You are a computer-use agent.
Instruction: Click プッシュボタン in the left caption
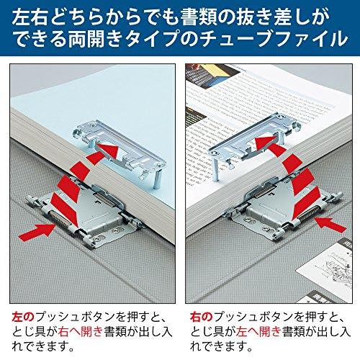click(68, 315)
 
